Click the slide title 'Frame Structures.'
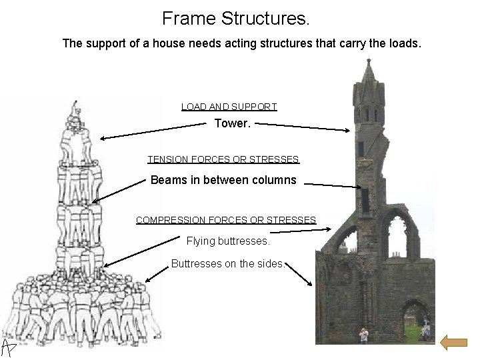pos(236,18)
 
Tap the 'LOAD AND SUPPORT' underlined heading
pos(229,107)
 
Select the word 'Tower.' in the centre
pos(231,123)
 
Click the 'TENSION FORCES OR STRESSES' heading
pos(223,159)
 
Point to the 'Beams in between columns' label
pos(223,180)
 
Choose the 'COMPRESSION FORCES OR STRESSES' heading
pos(226,219)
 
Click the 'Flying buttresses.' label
pos(228,241)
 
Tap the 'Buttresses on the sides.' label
pos(228,263)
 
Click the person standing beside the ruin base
pos(364,335)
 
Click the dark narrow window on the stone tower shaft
pos(365,199)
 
